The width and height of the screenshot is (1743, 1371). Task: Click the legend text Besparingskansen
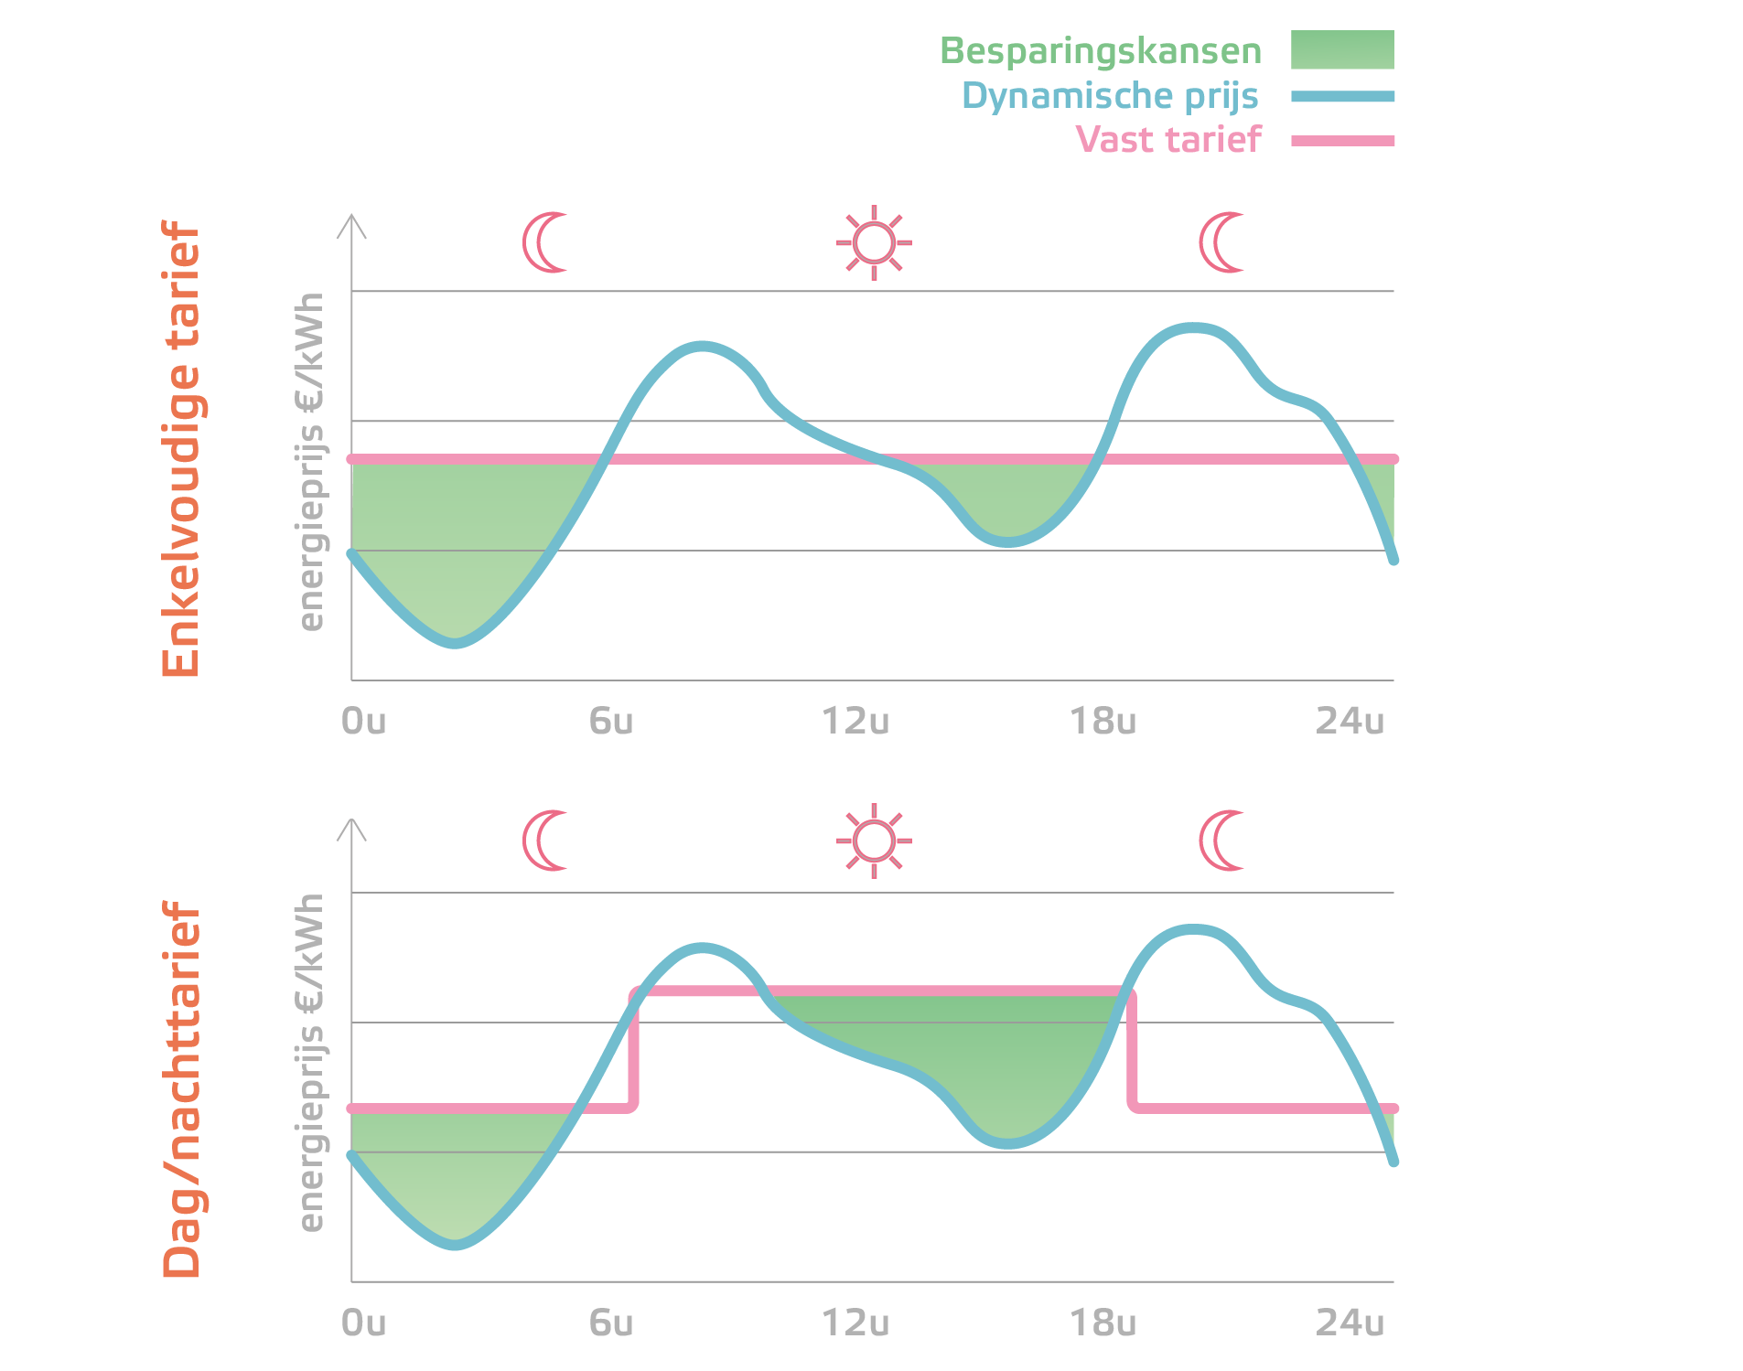pos(1100,51)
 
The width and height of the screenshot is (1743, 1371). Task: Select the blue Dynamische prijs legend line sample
pos(1342,96)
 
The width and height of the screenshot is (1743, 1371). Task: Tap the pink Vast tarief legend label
pos(1167,140)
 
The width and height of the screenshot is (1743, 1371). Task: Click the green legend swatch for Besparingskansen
pos(1342,49)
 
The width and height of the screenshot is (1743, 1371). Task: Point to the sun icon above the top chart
pos(874,242)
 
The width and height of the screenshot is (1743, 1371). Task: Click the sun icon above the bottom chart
pos(874,841)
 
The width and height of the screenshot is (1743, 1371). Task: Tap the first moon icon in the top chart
pos(544,242)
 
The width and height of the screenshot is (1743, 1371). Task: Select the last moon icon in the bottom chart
pos(1221,841)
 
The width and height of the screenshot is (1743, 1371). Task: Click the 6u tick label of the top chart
pos(610,722)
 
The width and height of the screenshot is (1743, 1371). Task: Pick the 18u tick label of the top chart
pos(1103,722)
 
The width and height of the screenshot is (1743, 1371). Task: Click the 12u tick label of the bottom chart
pos(855,1323)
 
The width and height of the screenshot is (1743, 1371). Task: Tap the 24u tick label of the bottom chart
pos(1350,1323)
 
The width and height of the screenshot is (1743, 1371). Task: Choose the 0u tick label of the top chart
pos(363,722)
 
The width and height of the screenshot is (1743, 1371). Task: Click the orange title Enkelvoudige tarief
pos(180,448)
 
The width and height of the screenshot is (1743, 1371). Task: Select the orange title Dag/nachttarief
pos(180,1088)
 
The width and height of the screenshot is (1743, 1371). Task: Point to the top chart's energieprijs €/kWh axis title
pos(311,462)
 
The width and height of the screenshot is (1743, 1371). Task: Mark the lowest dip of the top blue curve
pos(455,643)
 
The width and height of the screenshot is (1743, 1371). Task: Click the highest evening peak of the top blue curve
pos(1192,327)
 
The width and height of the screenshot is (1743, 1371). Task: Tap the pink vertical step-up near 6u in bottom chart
pos(633,1050)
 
